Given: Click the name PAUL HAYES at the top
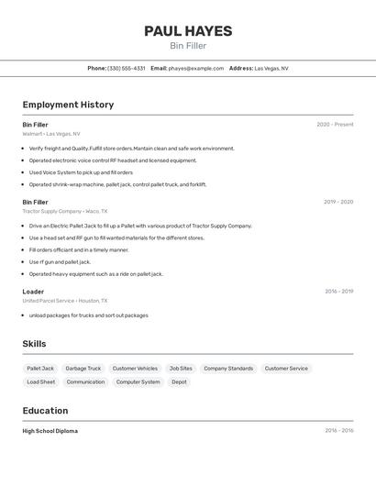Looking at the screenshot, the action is tap(188, 31).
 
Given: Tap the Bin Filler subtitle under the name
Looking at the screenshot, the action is tap(188, 46).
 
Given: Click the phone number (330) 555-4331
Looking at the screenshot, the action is tap(126, 68).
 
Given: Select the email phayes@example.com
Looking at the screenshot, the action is tap(195, 68).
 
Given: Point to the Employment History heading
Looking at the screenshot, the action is tap(68, 105).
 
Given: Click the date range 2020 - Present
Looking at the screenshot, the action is tap(335, 124).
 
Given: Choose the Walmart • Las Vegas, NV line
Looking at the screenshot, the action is tap(51, 133).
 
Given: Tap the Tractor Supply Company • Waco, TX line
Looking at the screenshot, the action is tap(65, 211).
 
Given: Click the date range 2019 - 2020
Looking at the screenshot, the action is tap(338, 202).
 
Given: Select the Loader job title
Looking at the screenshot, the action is tap(33, 292).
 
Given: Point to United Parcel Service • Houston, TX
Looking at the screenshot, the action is tap(65, 301).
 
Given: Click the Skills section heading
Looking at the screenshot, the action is tap(34, 344).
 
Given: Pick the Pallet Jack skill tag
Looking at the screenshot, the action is tap(40, 368).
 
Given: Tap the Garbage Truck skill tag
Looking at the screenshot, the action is tap(83, 368).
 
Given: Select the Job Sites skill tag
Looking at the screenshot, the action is tap(181, 368).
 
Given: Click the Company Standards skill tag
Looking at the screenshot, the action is tap(228, 368).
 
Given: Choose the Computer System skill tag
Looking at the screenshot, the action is tap(138, 381).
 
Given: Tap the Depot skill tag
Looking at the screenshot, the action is tap(179, 381).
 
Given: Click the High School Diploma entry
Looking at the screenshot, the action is tap(50, 431).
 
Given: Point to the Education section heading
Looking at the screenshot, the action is tap(45, 410).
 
